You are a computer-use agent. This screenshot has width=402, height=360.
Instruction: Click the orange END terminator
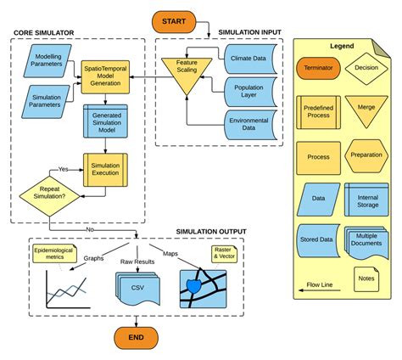[137, 337]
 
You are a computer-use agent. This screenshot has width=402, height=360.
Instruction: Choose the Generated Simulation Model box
[103, 121]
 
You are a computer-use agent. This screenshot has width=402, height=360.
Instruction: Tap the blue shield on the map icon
[200, 286]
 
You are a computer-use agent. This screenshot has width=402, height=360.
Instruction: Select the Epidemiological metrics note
[53, 255]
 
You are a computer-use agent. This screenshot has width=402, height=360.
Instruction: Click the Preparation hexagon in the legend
[366, 155]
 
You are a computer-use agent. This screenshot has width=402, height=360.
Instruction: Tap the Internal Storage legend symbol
[366, 201]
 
